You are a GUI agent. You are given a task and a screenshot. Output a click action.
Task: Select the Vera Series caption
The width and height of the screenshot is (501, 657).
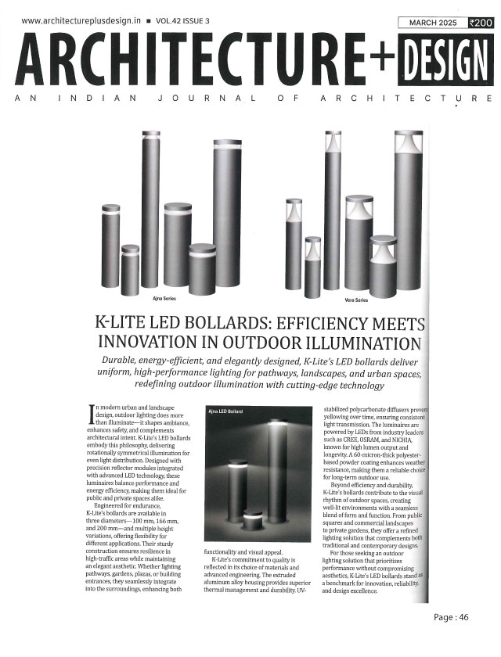tap(356, 298)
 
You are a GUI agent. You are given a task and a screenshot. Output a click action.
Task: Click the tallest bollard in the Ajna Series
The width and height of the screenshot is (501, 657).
tap(150, 209)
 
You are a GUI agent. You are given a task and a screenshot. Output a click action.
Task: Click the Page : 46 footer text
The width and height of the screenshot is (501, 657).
tap(451, 618)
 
